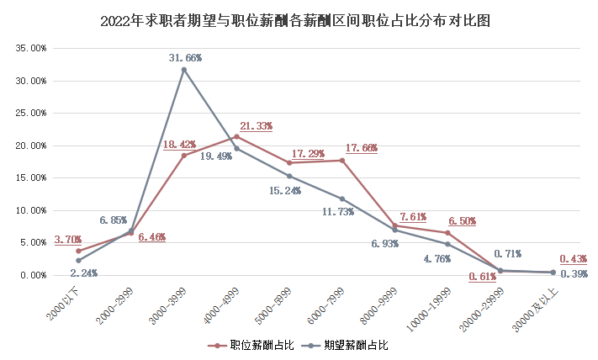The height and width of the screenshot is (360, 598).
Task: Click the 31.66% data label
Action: [x=185, y=57]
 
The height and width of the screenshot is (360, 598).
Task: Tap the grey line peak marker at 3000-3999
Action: [x=183, y=69]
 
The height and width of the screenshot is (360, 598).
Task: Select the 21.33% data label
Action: [x=256, y=125]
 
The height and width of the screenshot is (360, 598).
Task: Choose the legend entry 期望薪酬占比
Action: [x=347, y=345]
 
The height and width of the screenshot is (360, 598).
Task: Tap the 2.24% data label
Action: [x=83, y=273]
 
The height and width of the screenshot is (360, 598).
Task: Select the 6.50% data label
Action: [x=461, y=221]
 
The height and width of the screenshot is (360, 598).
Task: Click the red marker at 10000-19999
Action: [x=447, y=233]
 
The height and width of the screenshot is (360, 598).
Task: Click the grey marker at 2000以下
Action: [x=78, y=261]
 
